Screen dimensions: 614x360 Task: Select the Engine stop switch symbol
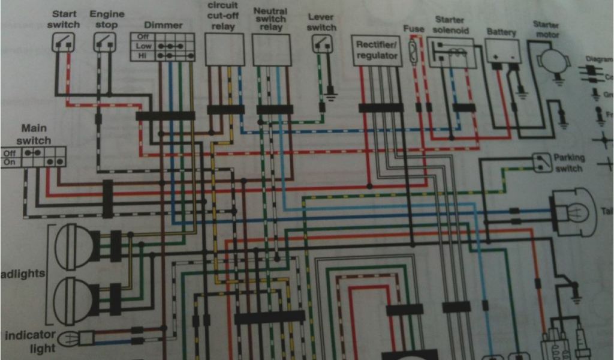pyautogui.click(x=104, y=42)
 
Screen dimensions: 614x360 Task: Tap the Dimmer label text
pyautogui.click(x=163, y=25)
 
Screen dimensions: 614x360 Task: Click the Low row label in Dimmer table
pyautogui.click(x=143, y=46)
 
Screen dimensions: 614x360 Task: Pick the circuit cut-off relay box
pyautogui.click(x=225, y=49)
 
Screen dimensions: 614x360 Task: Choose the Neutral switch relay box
pyautogui.click(x=272, y=49)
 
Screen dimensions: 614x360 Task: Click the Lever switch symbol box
pyautogui.click(x=322, y=43)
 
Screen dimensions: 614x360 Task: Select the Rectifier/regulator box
pyautogui.click(x=377, y=50)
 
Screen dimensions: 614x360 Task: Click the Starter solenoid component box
pyautogui.click(x=451, y=52)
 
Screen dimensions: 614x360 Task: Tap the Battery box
pyautogui.click(x=502, y=50)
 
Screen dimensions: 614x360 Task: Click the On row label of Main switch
pyautogui.click(x=10, y=162)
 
